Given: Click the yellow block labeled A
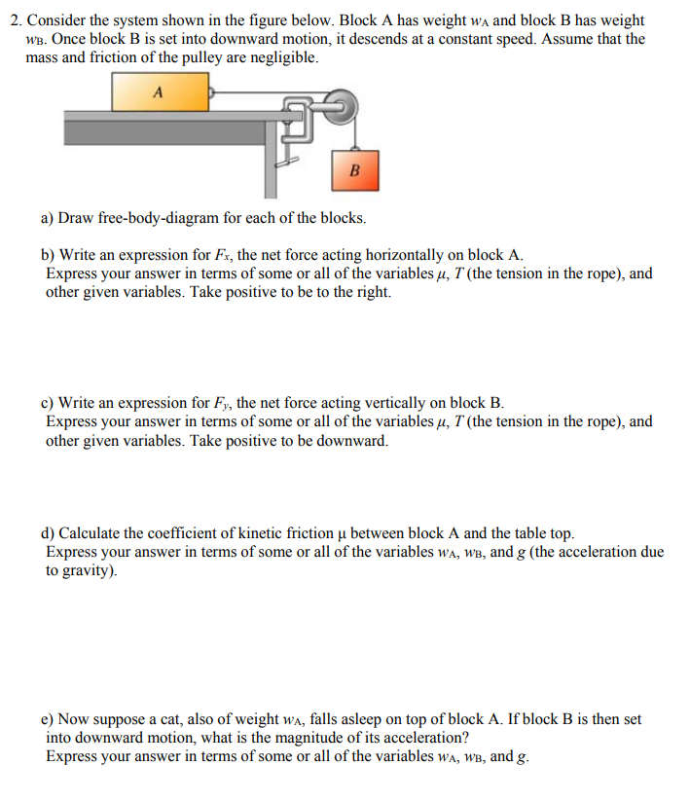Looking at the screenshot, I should [x=160, y=92].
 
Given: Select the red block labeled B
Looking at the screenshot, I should [x=354, y=170].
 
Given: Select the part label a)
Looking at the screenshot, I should [x=49, y=217].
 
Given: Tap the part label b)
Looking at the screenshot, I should [x=49, y=256].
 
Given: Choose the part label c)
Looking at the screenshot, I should [x=49, y=403].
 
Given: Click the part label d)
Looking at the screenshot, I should [x=49, y=533].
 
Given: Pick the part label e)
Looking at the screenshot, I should [x=49, y=719].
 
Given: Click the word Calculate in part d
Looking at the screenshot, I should [x=91, y=533].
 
